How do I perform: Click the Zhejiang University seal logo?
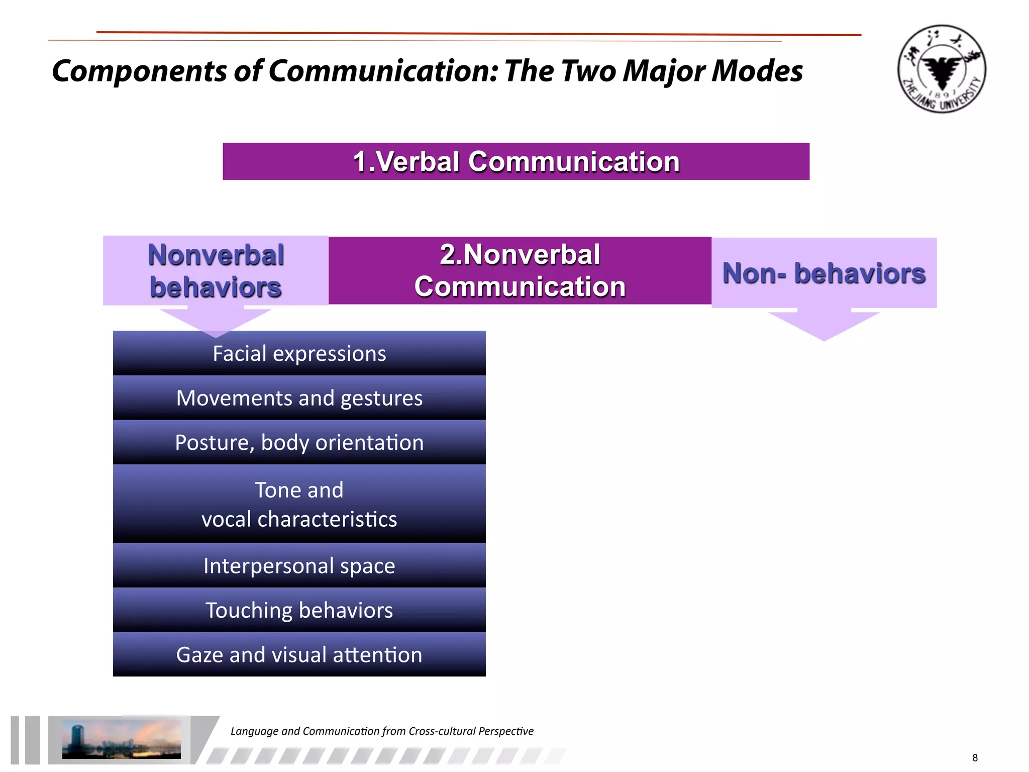[942, 69]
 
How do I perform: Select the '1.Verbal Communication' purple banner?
[516, 161]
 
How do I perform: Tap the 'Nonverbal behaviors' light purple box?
[216, 271]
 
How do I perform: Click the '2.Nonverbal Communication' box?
[520, 271]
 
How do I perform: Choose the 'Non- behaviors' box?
[824, 273]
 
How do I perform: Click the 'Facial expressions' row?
[299, 354]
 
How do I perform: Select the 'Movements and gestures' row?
[299, 398]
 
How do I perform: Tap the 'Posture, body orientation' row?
[299, 443]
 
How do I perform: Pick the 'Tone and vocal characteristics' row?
[299, 504]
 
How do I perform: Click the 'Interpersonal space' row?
[299, 566]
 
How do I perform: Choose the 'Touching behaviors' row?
[299, 610]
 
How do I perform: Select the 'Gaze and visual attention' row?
[299, 655]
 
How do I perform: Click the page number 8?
[975, 758]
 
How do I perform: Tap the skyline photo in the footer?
[121, 739]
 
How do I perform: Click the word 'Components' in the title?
[139, 71]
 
